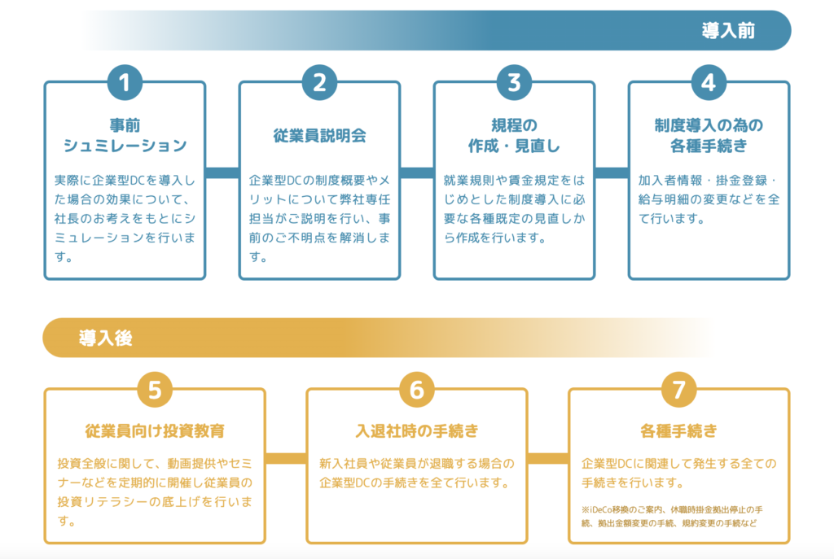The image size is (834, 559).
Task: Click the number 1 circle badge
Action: (x=125, y=82)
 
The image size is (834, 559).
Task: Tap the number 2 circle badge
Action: (x=319, y=82)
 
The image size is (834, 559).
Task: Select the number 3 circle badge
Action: (x=515, y=82)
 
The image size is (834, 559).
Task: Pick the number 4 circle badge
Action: (x=709, y=82)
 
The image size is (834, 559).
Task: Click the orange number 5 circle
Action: (x=155, y=390)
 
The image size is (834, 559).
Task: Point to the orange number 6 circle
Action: (x=417, y=390)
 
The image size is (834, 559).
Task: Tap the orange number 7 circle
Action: (x=679, y=390)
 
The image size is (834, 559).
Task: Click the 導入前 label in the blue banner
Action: (x=728, y=31)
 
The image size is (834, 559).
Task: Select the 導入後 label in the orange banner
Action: (x=105, y=338)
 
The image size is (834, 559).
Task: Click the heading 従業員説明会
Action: (x=319, y=136)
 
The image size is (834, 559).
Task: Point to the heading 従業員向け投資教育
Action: (x=155, y=430)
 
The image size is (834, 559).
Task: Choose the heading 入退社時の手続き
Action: (x=417, y=430)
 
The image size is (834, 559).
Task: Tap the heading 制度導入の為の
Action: (x=709, y=125)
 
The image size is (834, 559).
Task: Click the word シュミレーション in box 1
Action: (x=125, y=146)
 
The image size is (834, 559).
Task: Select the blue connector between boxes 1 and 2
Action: (x=222, y=173)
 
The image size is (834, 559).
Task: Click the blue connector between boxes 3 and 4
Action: (x=612, y=173)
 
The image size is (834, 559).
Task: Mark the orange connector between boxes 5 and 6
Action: (x=286, y=459)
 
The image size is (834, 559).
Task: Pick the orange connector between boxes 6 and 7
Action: (x=548, y=459)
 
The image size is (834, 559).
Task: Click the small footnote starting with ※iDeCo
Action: (x=672, y=517)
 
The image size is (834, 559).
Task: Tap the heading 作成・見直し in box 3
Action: (x=515, y=146)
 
